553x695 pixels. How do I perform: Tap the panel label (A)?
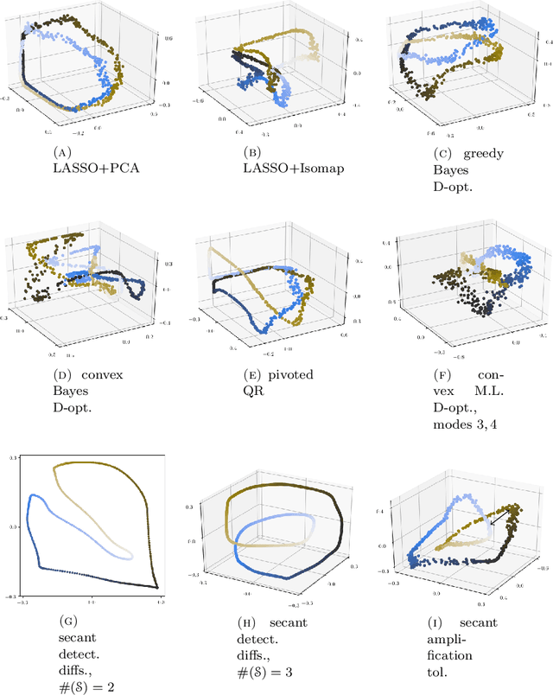click(x=62, y=151)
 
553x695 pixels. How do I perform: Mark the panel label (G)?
click(x=62, y=621)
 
